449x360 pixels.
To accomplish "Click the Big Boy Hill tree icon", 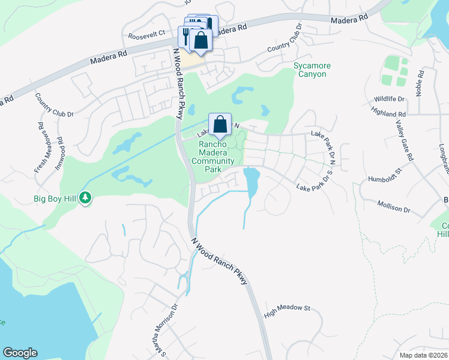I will [85, 197].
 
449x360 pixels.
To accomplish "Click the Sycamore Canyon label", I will [310, 70].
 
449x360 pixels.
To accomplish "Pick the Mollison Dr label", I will [394, 207].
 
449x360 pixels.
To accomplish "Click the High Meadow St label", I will [287, 310].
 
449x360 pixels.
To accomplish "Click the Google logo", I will [20, 353].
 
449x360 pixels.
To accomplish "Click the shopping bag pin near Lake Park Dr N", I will [220, 125].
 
